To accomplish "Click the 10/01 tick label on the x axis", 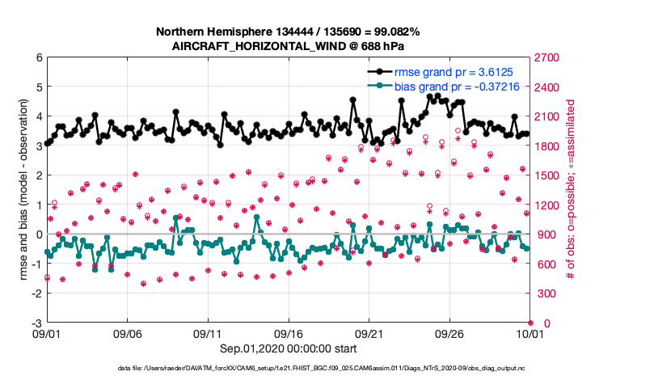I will [x=530, y=333].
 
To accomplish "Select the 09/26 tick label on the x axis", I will [x=449, y=333].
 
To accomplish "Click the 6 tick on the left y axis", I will [x=39, y=57].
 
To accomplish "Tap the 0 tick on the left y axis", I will [x=39, y=234].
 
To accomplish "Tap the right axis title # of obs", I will [x=570, y=190].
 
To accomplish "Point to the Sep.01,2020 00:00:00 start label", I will [x=288, y=348].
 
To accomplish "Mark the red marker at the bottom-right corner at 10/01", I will [x=530, y=323].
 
